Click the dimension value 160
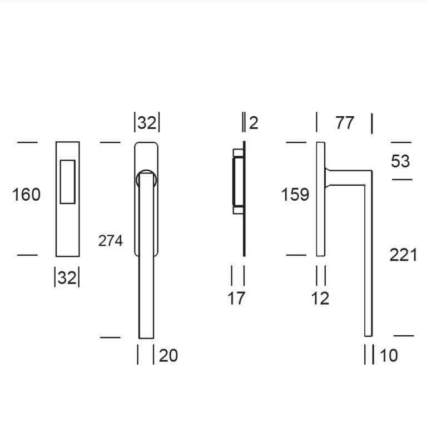[x=27, y=195]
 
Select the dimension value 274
[x=110, y=241]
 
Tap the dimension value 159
[x=295, y=195]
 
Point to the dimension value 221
[x=403, y=255]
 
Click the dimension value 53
[x=400, y=161]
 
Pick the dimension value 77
[x=345, y=123]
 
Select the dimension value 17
[x=236, y=299]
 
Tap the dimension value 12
[x=320, y=299]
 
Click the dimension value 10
[x=389, y=355]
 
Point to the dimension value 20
[x=168, y=355]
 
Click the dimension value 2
[x=254, y=123]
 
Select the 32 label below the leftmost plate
[x=67, y=277]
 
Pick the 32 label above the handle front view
[x=147, y=123]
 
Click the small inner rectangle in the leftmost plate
[x=67, y=181]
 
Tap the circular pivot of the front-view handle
[x=146, y=178]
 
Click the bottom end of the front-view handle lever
[x=146, y=335]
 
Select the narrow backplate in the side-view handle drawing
[x=320, y=199]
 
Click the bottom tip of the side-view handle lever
[x=368, y=334]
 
